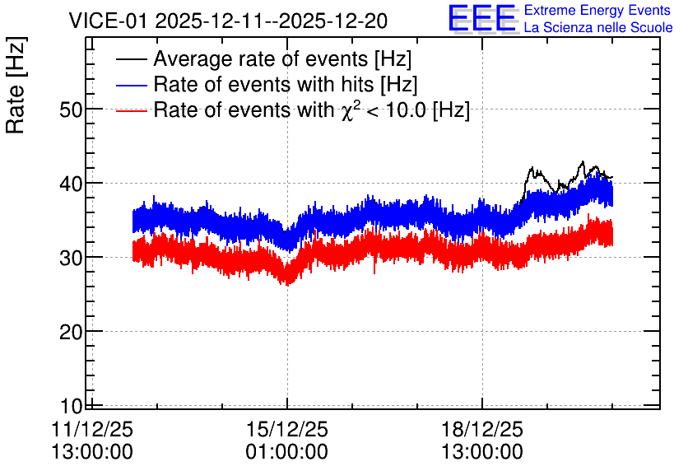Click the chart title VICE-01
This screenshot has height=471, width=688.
coord(108,21)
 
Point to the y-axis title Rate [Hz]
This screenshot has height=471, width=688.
coord(16,86)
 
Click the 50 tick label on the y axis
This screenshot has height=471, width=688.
coord(71,110)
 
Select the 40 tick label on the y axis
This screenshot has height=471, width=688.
coord(71,184)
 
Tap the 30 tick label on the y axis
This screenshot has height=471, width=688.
coord(71,258)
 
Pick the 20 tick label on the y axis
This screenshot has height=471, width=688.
coord(71,332)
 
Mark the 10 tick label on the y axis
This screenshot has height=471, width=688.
coord(71,406)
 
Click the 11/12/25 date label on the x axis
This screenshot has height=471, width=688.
coord(92,429)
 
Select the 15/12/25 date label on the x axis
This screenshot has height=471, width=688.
coord(287,429)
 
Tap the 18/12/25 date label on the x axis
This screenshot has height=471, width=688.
coord(482,429)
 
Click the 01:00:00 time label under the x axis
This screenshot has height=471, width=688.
coord(287,452)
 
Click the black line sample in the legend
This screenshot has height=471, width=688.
coord(131,59)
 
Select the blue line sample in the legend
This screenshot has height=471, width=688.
coord(131,85)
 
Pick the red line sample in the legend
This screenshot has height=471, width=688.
coord(131,110)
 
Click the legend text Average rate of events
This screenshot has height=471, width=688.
coord(261,58)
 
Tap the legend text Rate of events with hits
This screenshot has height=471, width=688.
coord(263,84)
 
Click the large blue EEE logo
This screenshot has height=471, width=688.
coord(482,18)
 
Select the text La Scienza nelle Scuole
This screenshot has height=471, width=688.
coord(598,27)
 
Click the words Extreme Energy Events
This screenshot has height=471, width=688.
coord(597,10)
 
